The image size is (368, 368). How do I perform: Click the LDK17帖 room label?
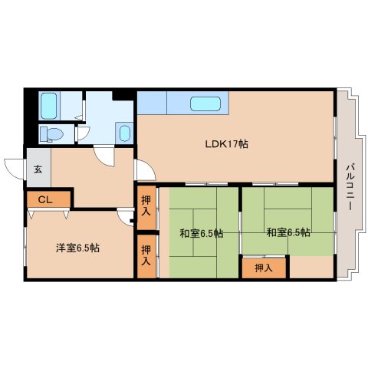tap(227, 144)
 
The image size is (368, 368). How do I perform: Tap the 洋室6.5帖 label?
tap(77, 248)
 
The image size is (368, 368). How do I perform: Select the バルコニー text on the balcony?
tap(350, 188)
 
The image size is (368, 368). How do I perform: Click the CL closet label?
tap(45, 200)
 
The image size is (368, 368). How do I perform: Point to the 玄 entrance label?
tap(38, 169)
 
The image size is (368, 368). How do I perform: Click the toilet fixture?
tap(52, 134)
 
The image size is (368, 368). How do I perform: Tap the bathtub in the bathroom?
tap(49, 106)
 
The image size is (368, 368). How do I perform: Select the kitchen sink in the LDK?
tap(205, 103)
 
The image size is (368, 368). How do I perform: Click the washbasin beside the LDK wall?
tap(125, 133)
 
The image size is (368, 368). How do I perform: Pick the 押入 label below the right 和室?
tap(264, 268)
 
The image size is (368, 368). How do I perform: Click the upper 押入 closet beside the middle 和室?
tap(146, 208)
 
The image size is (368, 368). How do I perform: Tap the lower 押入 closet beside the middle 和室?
tap(146, 256)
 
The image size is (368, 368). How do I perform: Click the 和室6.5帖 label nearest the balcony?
tap(288, 232)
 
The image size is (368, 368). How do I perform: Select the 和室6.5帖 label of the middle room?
tap(202, 233)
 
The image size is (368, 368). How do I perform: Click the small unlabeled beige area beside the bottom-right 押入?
tap(311, 267)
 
